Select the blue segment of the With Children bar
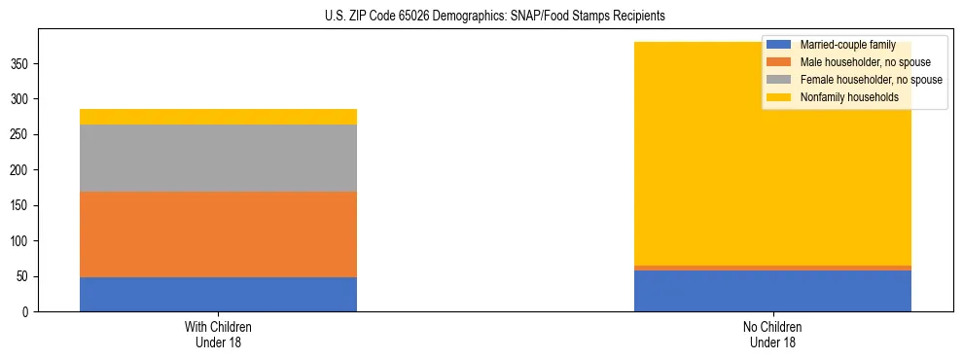tap(218, 294)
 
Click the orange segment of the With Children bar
tap(218, 234)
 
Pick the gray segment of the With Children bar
tap(218, 158)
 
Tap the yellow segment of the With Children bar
tap(218, 117)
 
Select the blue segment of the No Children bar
tap(772, 291)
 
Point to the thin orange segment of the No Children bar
tap(772, 268)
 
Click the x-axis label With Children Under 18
tap(218, 334)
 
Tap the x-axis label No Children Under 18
tap(772, 334)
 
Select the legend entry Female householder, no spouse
tap(871, 80)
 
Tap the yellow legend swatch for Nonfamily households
tap(779, 97)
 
